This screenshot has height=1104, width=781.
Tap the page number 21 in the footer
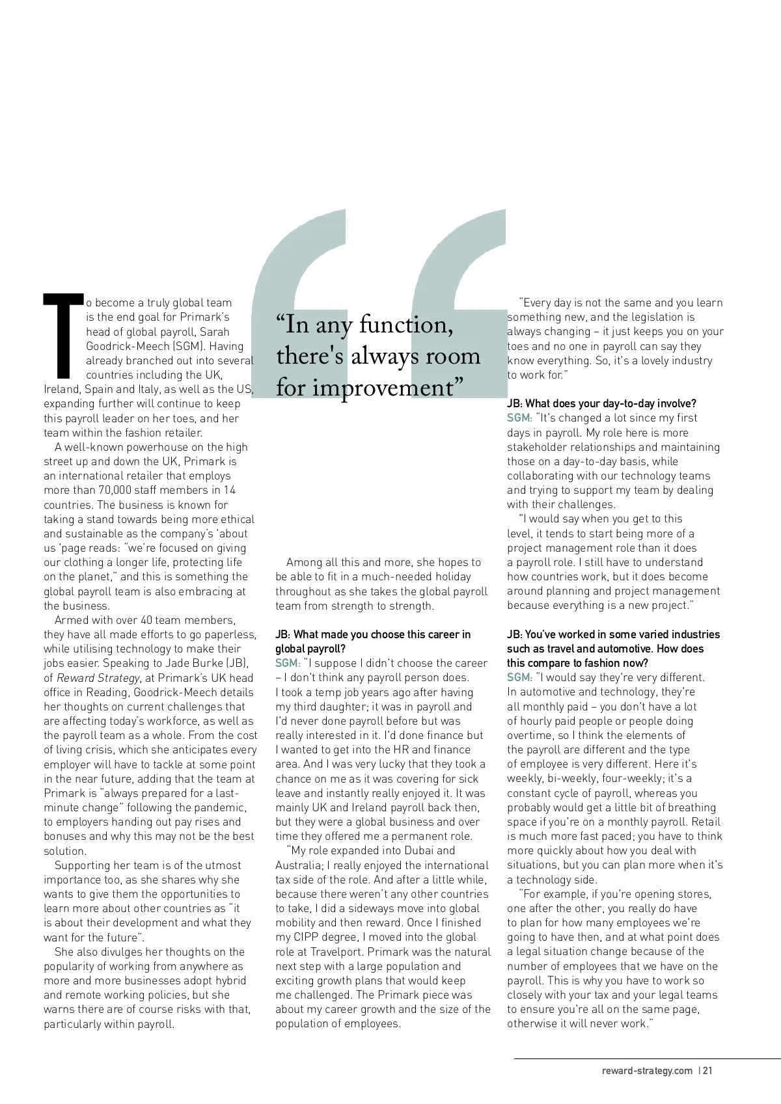(x=707, y=1071)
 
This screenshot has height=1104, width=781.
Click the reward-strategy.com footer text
(x=647, y=1071)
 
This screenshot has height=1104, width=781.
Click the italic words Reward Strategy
(x=98, y=678)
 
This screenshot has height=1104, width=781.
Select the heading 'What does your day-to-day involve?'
(x=601, y=403)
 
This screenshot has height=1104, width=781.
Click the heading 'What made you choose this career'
(x=373, y=641)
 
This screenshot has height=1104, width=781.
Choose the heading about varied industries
(x=613, y=648)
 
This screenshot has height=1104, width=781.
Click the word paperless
(x=231, y=634)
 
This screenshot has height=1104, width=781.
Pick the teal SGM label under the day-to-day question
(x=519, y=418)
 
